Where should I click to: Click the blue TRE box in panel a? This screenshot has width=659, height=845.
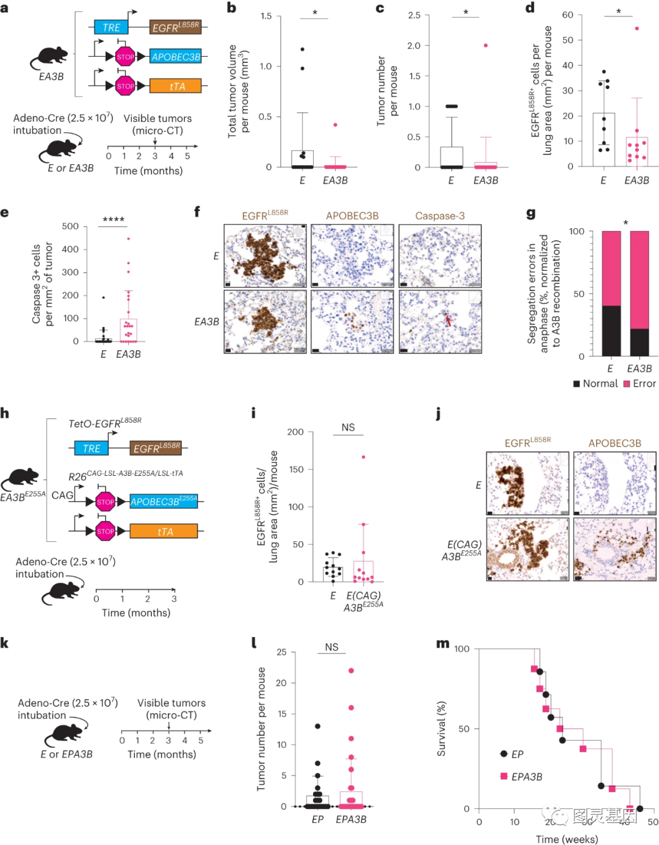pos(111,27)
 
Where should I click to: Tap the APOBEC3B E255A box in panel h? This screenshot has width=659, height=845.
pos(164,502)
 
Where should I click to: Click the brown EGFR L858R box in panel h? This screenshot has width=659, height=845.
pos(156,448)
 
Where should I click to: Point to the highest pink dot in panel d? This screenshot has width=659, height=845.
pos(637,29)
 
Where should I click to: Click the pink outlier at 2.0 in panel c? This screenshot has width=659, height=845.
pos(486,46)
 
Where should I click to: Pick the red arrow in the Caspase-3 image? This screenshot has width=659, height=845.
pos(448,320)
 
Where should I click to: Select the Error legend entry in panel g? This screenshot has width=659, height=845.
pos(639,384)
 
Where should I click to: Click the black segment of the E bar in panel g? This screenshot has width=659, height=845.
pos(611,331)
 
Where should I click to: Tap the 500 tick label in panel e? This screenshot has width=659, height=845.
pos(70,226)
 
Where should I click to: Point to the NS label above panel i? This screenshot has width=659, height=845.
pos(348,428)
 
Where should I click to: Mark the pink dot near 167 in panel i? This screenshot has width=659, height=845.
pos(364,456)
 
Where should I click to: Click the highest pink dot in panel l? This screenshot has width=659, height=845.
pos(351,671)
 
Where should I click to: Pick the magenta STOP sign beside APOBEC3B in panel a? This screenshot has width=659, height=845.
pos(125,57)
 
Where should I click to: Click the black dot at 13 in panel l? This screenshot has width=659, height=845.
pos(317,726)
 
